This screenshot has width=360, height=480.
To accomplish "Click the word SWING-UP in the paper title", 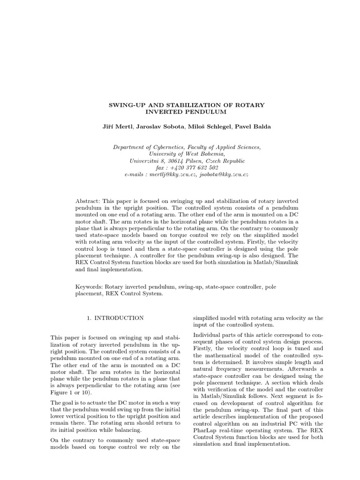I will [124, 105].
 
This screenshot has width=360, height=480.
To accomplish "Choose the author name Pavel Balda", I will [255, 127].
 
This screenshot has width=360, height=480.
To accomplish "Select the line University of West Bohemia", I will [187, 154].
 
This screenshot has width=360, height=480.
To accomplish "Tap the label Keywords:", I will [89, 286].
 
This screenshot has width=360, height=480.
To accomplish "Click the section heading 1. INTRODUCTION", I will [115, 318].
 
